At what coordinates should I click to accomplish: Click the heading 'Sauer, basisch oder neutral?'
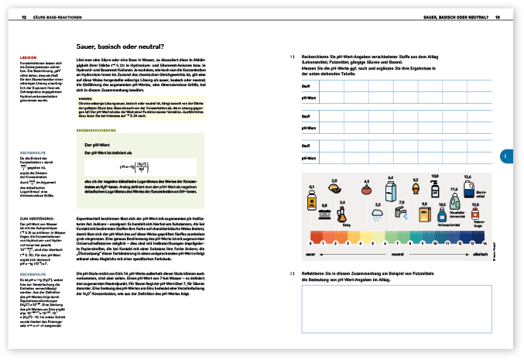tap(118, 46)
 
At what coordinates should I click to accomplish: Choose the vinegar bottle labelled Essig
tap(347, 214)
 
